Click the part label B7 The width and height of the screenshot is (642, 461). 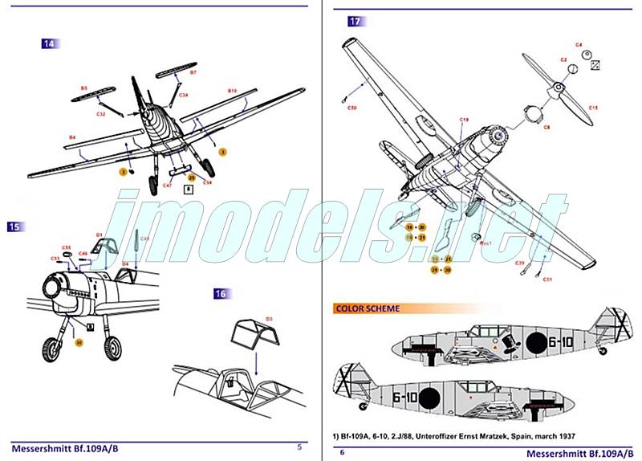(x=193, y=72)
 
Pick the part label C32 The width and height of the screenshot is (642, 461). (x=101, y=113)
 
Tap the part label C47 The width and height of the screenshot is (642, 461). (x=167, y=185)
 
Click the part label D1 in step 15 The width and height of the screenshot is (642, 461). (x=100, y=235)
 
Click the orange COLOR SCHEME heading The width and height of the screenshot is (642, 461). (x=368, y=308)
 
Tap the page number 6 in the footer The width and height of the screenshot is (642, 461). (x=342, y=452)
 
